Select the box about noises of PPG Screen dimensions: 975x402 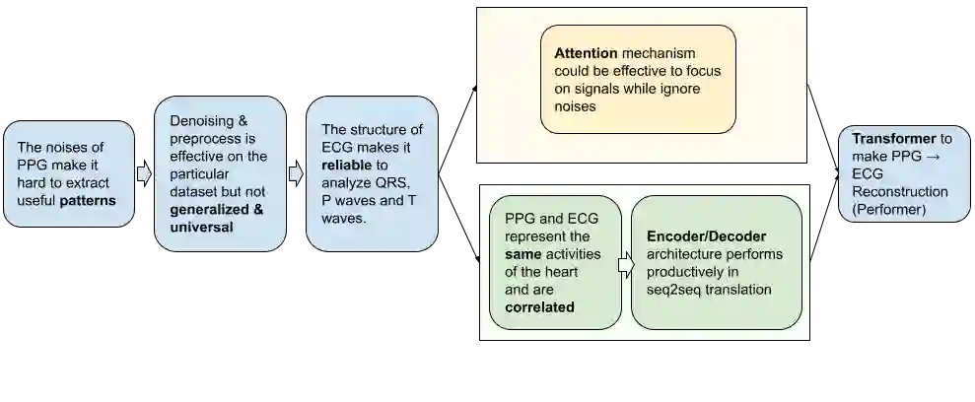click(68, 173)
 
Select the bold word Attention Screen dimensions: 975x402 click(586, 52)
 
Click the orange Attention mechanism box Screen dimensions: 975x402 click(638, 79)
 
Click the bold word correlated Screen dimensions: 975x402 click(539, 307)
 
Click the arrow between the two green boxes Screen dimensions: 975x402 click(625, 263)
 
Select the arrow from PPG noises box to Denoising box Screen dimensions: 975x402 click(144, 173)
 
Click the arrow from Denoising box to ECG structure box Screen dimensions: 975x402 click(296, 173)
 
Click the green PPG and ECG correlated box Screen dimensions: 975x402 click(555, 262)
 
